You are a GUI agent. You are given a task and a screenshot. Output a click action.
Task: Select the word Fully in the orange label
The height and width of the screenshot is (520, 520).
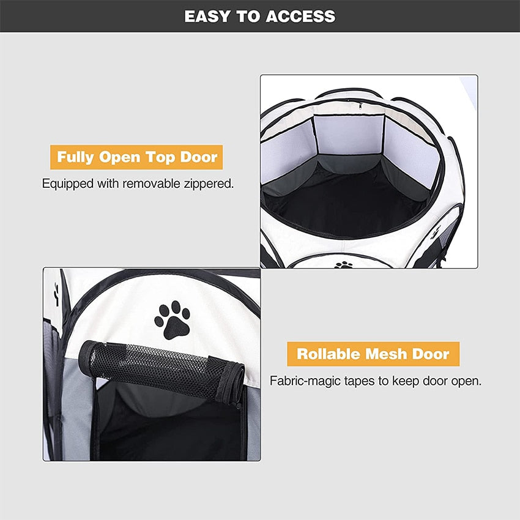(x=76, y=157)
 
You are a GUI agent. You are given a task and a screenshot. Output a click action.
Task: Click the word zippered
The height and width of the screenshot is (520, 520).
(x=210, y=184)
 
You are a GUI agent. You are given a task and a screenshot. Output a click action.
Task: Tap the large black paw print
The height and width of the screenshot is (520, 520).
(x=172, y=320)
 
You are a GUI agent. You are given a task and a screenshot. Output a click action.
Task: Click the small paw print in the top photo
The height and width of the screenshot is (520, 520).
(x=344, y=265)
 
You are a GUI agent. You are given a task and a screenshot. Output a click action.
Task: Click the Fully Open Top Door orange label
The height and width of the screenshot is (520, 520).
(x=136, y=157)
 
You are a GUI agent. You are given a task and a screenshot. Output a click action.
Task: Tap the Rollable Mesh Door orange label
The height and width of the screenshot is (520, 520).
(x=373, y=354)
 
